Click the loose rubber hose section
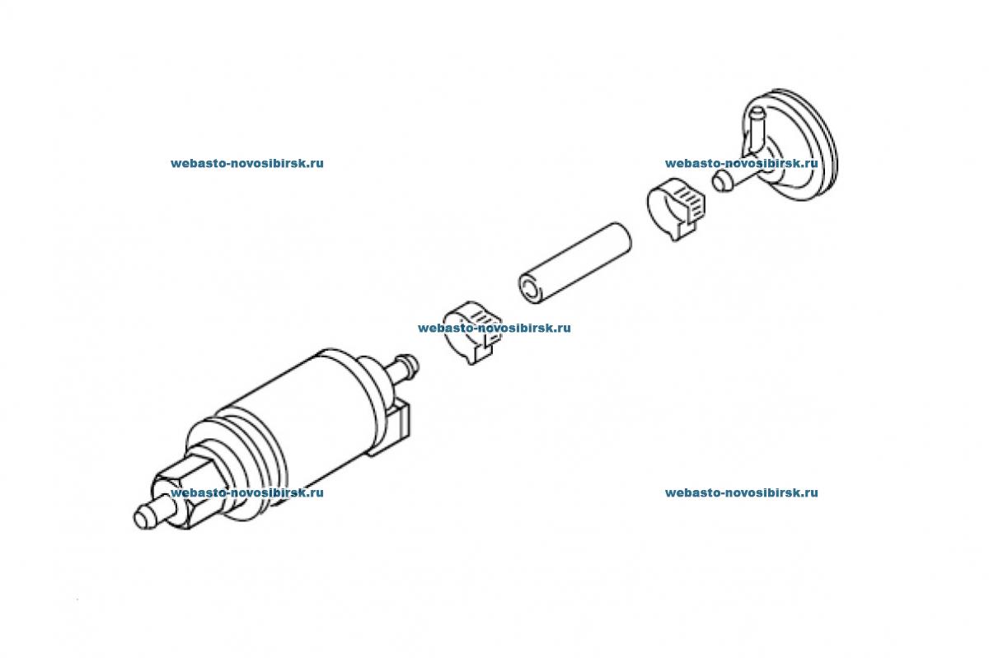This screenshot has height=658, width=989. click(575, 263)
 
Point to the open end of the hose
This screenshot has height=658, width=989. click(529, 289)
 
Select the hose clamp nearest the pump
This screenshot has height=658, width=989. click(472, 332)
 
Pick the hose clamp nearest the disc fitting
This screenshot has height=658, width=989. click(676, 208)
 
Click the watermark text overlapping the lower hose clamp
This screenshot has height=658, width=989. click(494, 328)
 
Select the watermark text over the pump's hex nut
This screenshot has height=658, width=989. click(246, 492)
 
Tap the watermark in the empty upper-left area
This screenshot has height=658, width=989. click(246, 163)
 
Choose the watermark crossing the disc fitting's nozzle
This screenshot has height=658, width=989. click(741, 163)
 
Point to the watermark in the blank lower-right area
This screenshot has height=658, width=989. click(741, 492)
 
